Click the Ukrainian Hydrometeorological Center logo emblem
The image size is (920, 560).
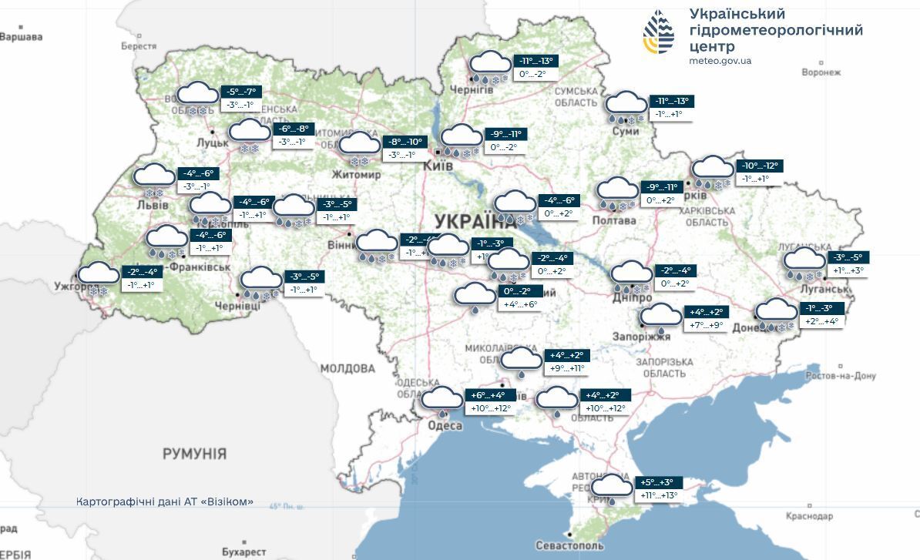(x=659, y=32)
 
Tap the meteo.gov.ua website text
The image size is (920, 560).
(x=720, y=61)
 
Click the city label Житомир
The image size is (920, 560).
(x=356, y=175)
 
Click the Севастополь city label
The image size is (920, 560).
(x=570, y=545)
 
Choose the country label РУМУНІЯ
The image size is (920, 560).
(x=194, y=454)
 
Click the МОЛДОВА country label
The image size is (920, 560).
(x=348, y=369)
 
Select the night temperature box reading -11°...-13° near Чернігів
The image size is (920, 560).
(x=537, y=62)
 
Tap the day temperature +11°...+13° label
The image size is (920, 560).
(x=659, y=495)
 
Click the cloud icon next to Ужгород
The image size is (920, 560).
(x=99, y=275)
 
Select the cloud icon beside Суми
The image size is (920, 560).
(x=626, y=105)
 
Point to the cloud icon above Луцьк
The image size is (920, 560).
(x=198, y=96)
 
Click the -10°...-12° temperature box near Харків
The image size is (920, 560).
(x=761, y=166)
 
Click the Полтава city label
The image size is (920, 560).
(x=614, y=221)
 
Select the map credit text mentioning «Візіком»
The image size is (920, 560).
(x=165, y=501)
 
